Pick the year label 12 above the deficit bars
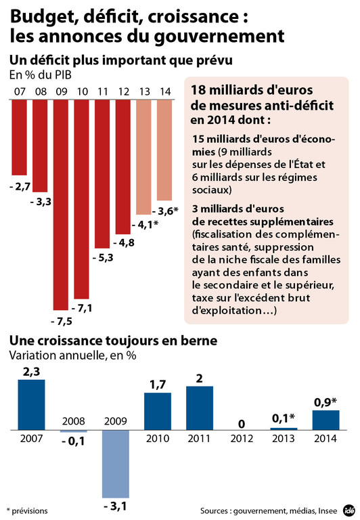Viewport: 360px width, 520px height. (x=123, y=91)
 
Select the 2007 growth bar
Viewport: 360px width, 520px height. (x=31, y=404)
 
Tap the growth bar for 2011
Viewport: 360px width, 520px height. (x=200, y=408)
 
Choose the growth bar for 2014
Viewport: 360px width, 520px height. (x=325, y=420)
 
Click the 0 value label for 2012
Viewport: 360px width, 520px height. (x=242, y=424)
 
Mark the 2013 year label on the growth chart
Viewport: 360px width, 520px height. (x=284, y=439)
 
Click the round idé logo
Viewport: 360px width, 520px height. (x=348, y=509)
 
